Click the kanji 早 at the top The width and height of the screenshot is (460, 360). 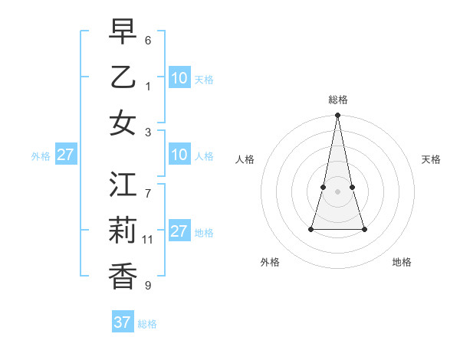click(x=123, y=32)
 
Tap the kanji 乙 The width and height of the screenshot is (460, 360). click(x=123, y=78)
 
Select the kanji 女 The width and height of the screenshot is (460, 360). click(x=123, y=124)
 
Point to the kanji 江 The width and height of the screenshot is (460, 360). click(x=123, y=185)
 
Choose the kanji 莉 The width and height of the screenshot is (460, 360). click(x=123, y=231)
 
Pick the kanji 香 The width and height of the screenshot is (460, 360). click(x=123, y=277)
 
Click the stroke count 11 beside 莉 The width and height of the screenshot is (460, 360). click(x=148, y=240)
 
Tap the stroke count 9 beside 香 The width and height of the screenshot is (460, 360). click(x=148, y=286)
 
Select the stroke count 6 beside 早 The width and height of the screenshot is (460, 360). click(x=148, y=40)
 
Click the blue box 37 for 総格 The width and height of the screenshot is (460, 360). click(x=123, y=322)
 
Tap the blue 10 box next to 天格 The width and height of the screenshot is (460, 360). click(x=179, y=78)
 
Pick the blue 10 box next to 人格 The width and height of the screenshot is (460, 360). click(x=179, y=155)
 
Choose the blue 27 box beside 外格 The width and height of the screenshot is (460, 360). click(x=65, y=155)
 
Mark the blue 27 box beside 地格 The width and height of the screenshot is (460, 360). click(x=179, y=231)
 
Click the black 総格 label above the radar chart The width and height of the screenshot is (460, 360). click(x=338, y=100)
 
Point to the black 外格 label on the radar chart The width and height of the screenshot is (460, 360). click(x=270, y=262)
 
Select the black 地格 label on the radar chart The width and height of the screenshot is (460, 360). click(x=402, y=262)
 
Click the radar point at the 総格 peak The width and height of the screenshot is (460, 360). click(x=337, y=116)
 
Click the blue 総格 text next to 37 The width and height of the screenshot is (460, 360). click(x=147, y=324)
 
